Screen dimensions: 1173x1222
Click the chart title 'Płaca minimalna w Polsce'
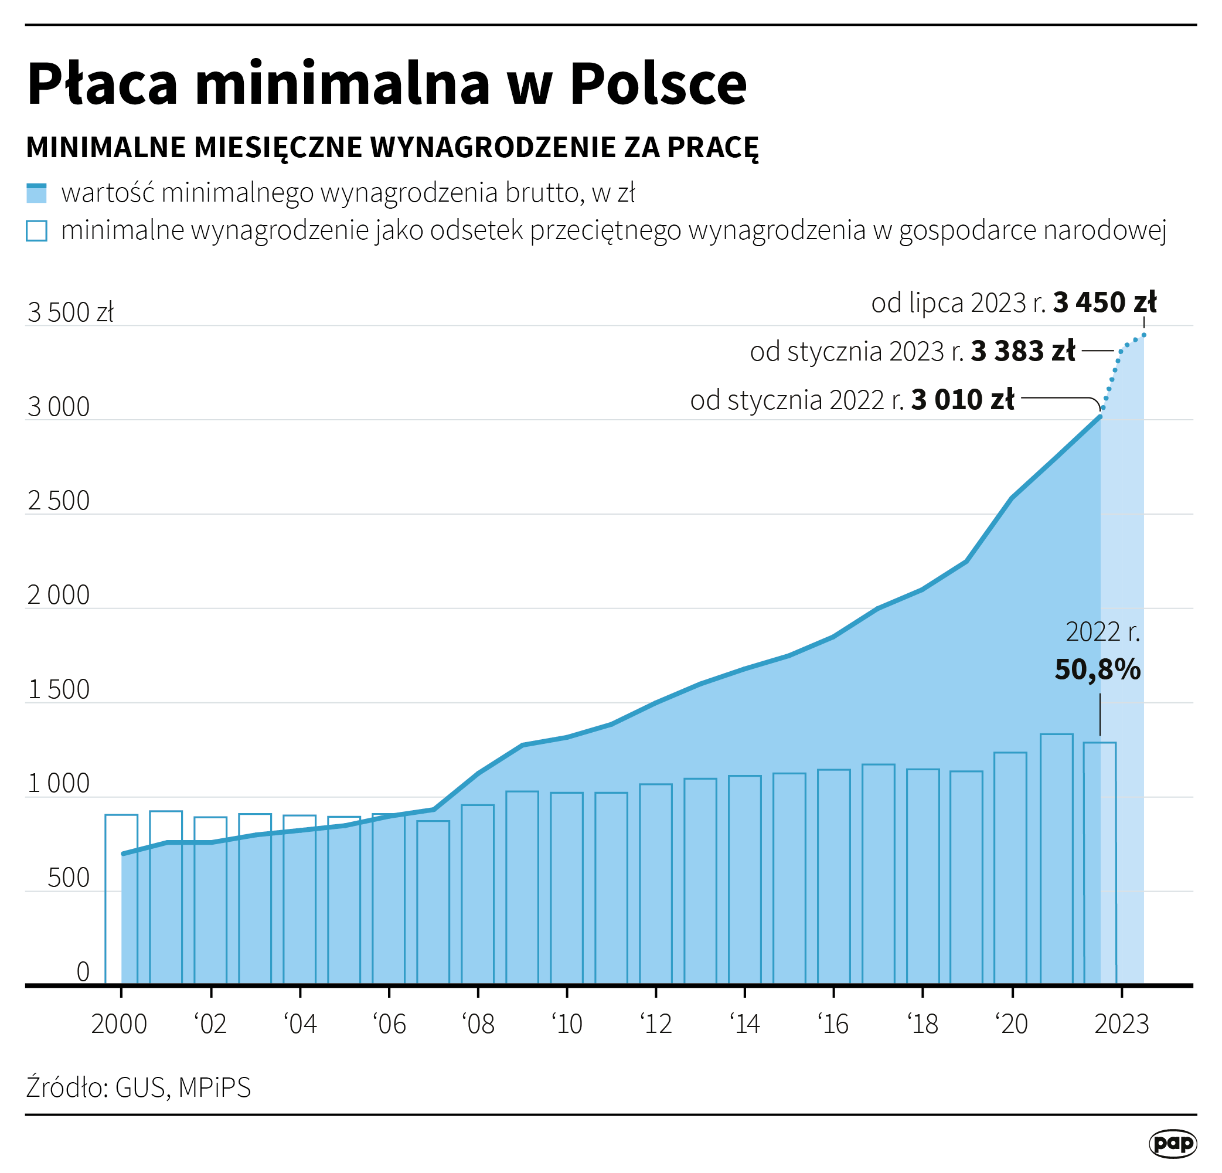[387, 84]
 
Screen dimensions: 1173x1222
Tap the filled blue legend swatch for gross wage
[36, 193]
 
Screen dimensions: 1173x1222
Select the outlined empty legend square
[36, 230]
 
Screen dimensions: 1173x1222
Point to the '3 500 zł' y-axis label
[70, 312]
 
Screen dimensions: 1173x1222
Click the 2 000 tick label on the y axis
[59, 596]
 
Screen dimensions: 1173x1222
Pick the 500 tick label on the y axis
[69, 878]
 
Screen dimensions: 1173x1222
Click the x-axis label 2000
[119, 1024]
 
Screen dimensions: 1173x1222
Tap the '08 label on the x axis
[478, 1024]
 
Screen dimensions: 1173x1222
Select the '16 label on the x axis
[833, 1024]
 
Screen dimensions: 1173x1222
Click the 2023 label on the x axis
[1122, 1024]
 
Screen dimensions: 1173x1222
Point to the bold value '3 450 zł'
[1105, 302]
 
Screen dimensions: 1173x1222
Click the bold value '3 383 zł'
[1023, 351]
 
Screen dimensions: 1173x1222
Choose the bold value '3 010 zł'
[962, 400]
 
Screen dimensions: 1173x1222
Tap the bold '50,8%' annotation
[1097, 670]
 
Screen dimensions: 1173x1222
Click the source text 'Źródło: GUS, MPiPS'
[138, 1087]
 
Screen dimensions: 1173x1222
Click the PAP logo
[1173, 1144]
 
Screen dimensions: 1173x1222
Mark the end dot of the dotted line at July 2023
[1144, 335]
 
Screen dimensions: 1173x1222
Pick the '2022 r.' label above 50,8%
[1102, 633]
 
